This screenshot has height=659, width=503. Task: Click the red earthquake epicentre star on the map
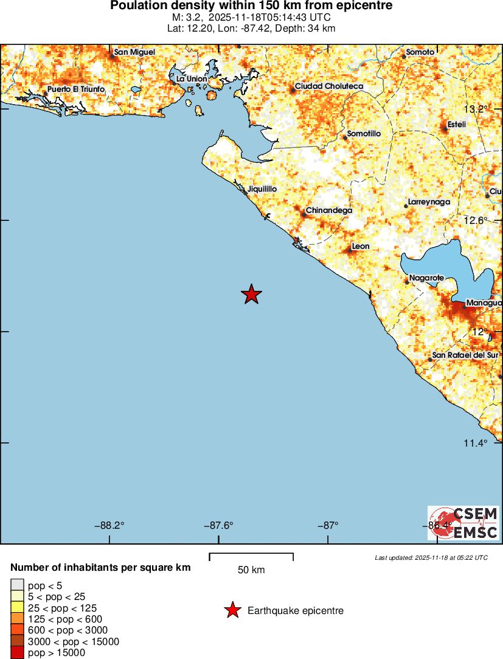(x=251, y=295)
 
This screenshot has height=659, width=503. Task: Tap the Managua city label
(x=484, y=303)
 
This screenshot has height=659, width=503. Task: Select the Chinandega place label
(x=328, y=211)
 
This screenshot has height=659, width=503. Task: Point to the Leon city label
(x=361, y=246)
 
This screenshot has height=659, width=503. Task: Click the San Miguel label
(x=134, y=52)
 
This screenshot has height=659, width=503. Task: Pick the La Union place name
(x=192, y=79)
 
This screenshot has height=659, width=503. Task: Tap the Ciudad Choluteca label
(x=328, y=86)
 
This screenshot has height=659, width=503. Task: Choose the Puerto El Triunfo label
(x=76, y=89)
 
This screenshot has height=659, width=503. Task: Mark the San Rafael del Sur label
(x=465, y=355)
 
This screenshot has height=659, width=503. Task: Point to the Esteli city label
(x=457, y=125)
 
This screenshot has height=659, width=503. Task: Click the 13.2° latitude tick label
(x=476, y=110)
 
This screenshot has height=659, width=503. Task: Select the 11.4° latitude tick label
(x=476, y=443)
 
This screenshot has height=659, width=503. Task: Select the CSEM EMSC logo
(x=463, y=523)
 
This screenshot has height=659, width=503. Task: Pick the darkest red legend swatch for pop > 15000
(x=17, y=653)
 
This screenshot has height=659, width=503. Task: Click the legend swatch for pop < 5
(x=17, y=586)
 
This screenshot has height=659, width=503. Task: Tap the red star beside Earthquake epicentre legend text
(x=232, y=610)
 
